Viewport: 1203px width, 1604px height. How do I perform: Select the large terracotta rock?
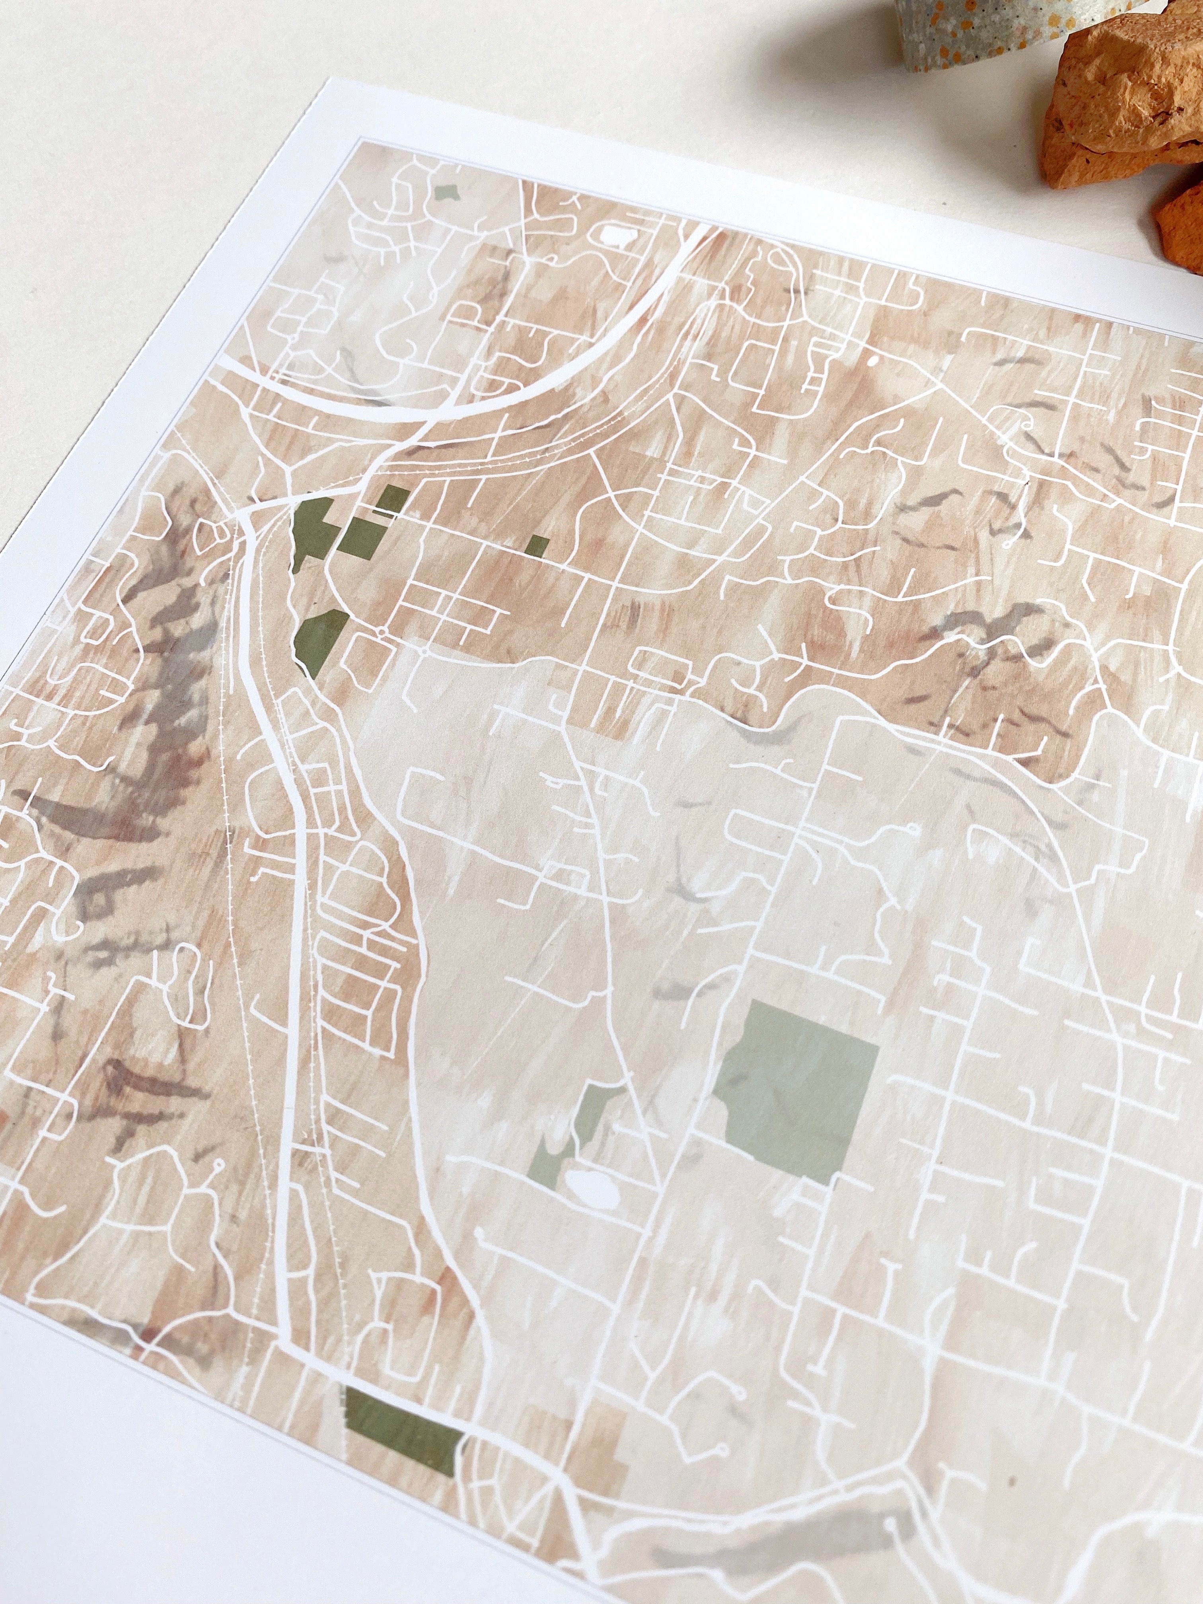(1131, 101)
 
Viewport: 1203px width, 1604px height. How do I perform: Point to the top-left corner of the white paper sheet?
(312, 78)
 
